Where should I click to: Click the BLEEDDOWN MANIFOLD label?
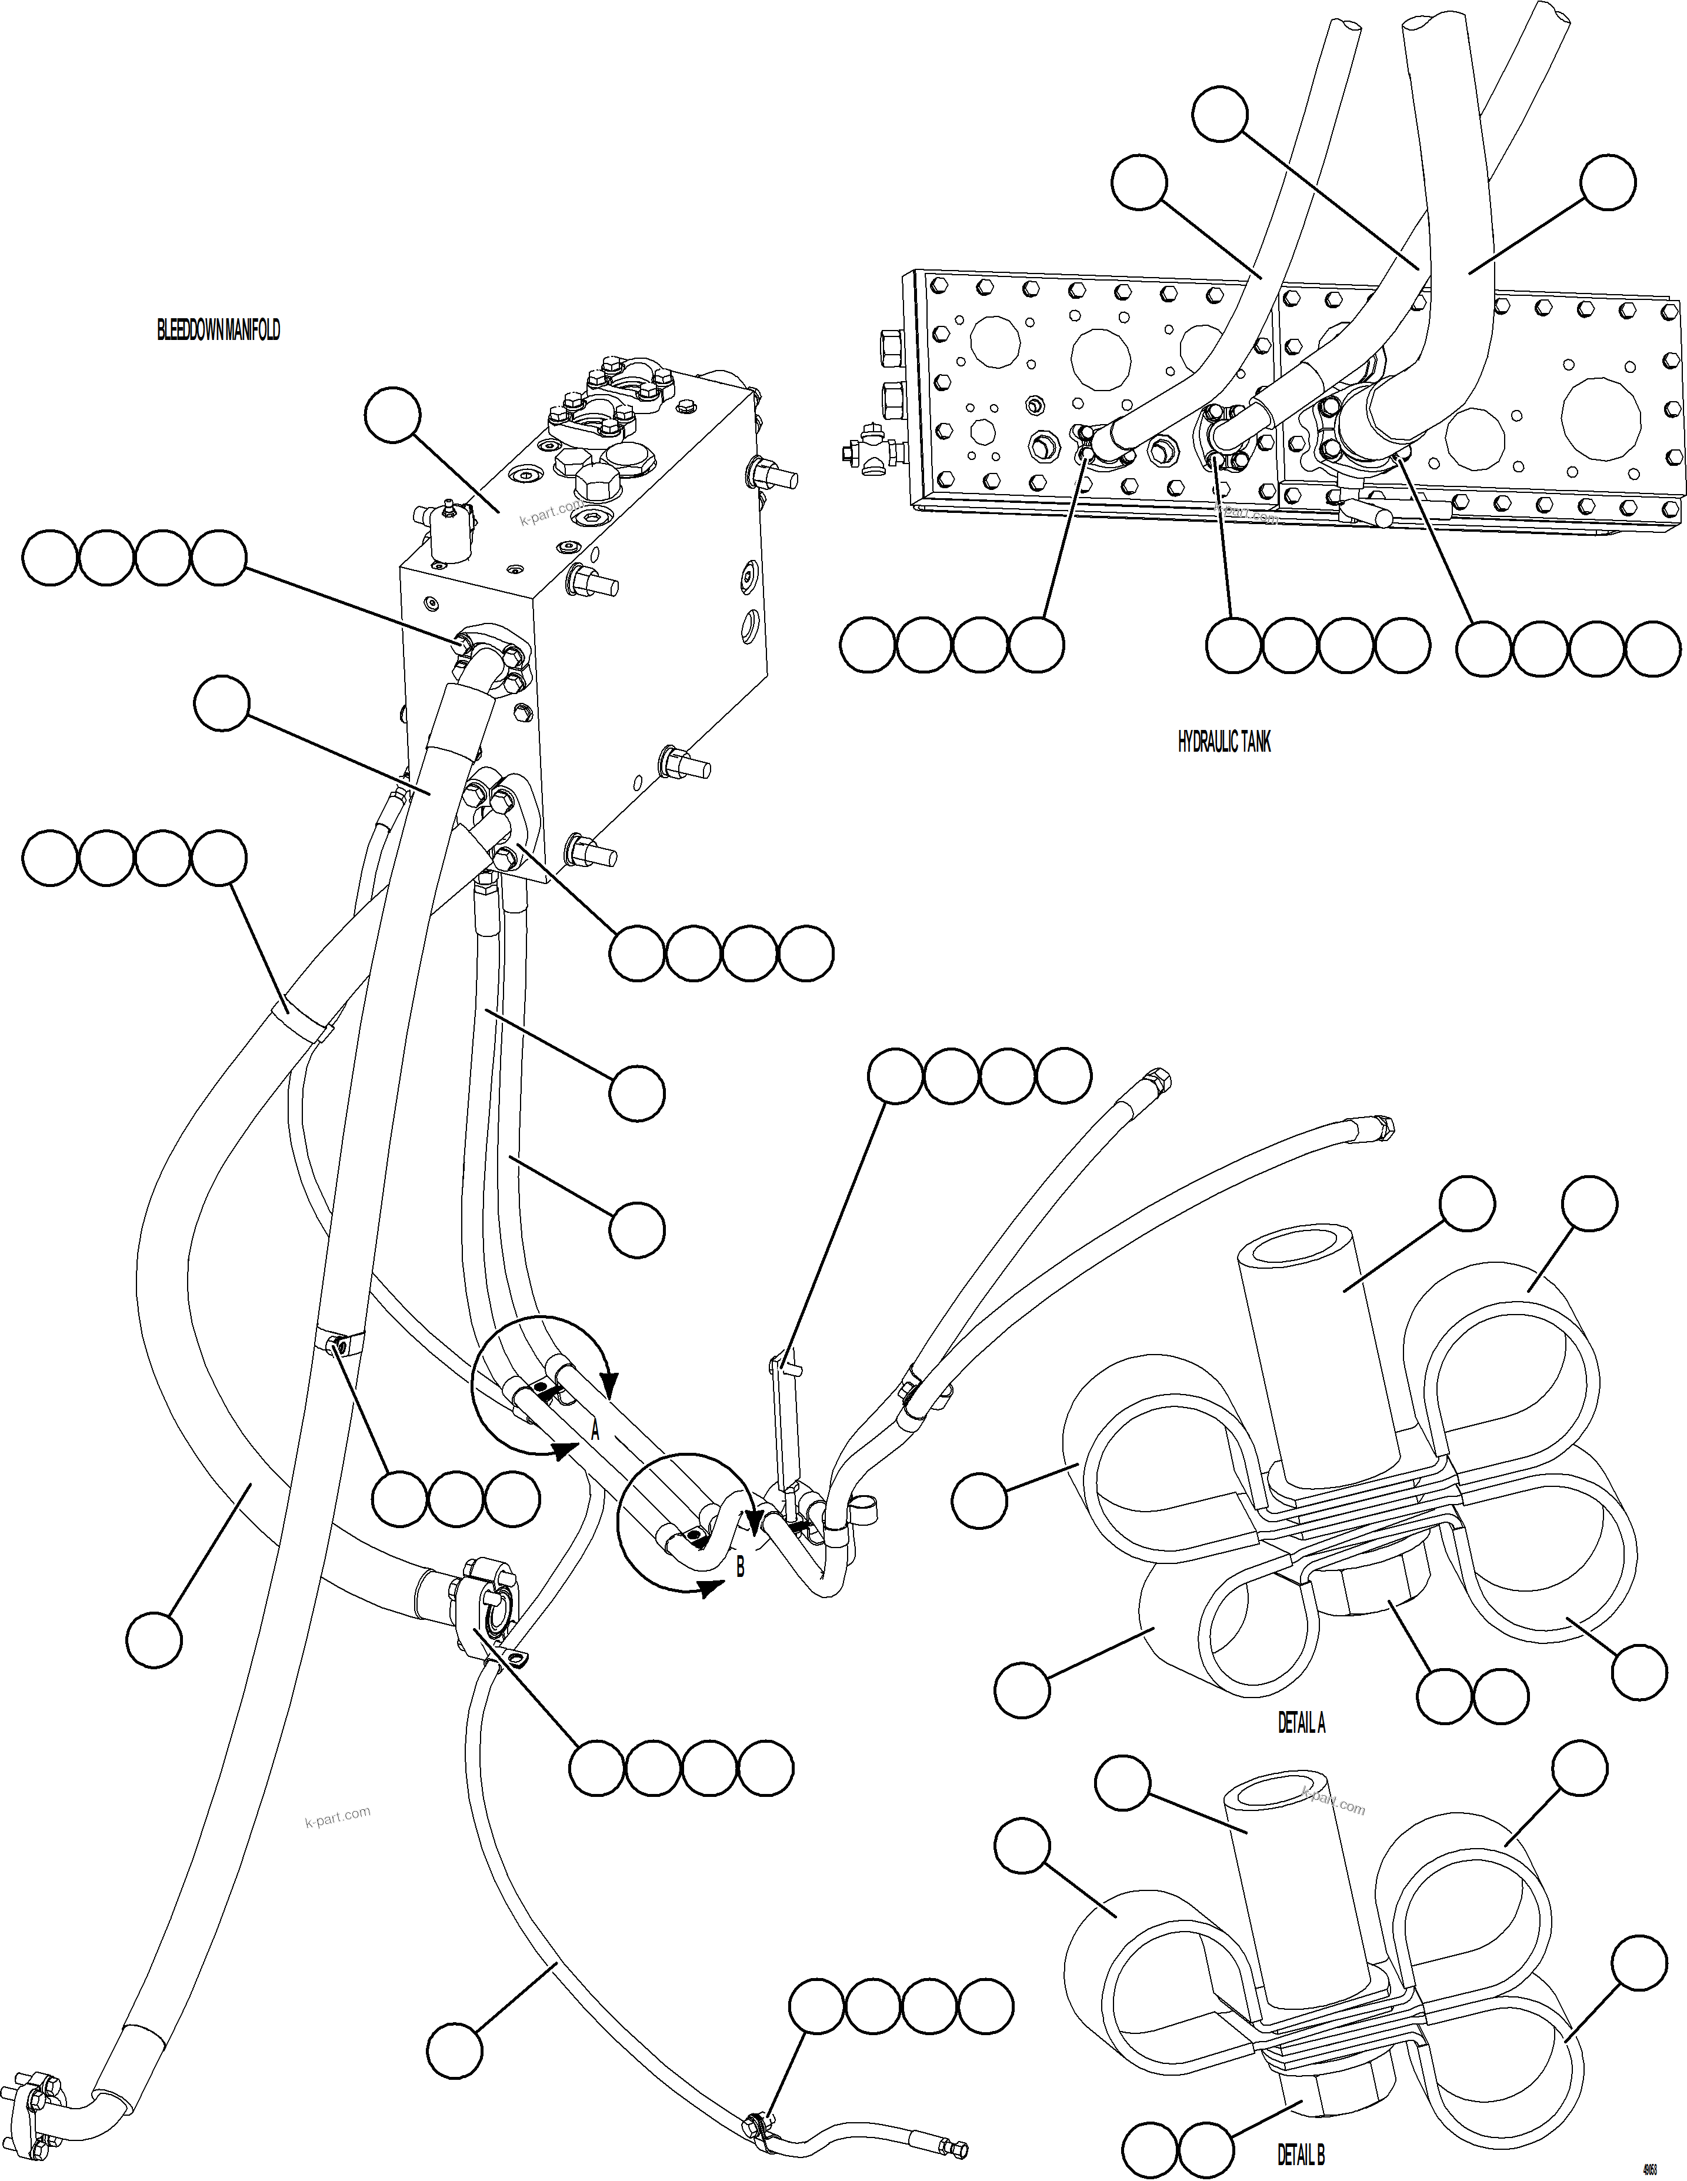pyautogui.click(x=218, y=331)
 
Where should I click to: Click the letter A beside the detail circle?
pyautogui.click(x=595, y=1430)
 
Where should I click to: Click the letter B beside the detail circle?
pyautogui.click(x=740, y=1568)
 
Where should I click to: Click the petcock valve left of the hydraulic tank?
pyautogui.click(x=865, y=454)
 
